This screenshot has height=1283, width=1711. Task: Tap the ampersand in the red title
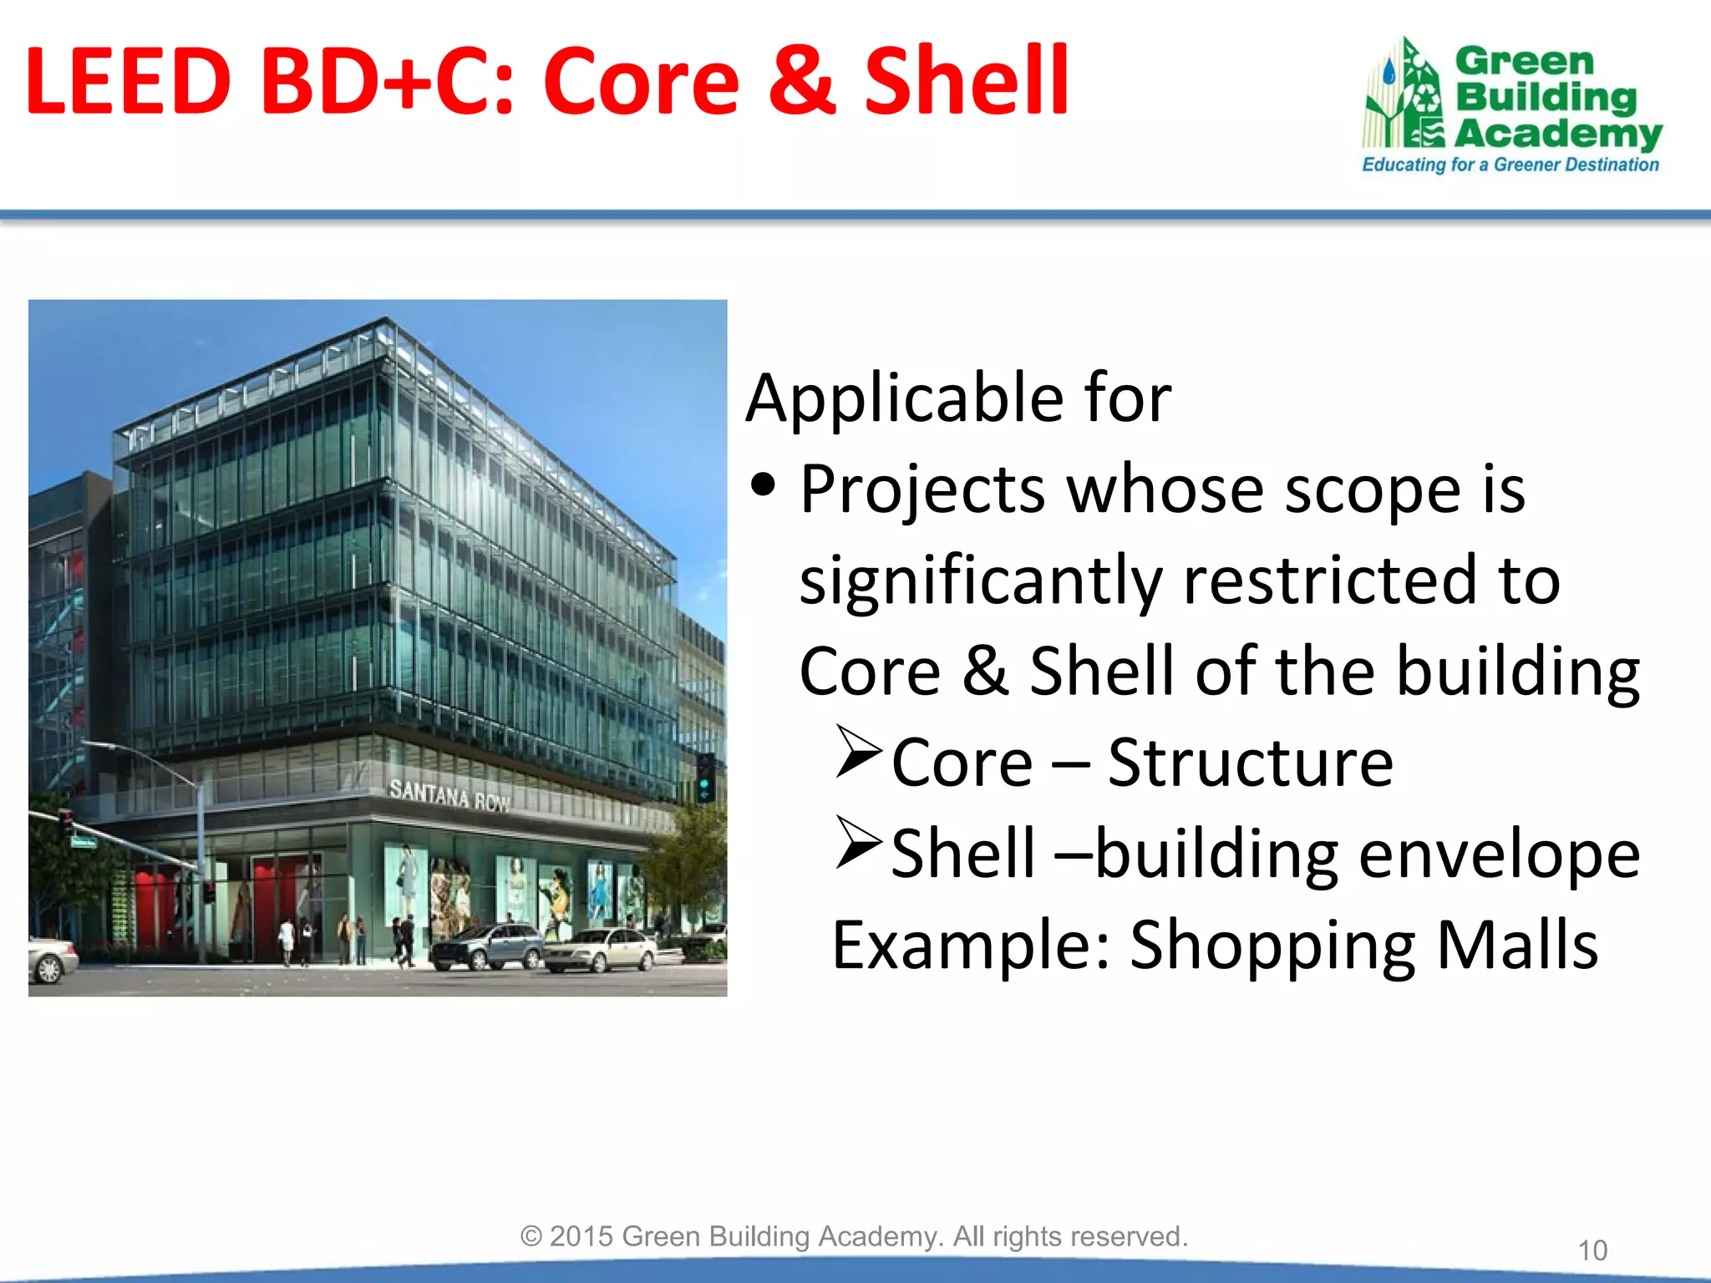click(801, 81)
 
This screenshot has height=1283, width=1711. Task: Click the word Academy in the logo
click(1557, 134)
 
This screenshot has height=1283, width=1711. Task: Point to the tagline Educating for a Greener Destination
click(1510, 165)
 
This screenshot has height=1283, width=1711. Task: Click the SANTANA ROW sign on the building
click(449, 794)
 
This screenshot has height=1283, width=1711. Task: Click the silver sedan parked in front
click(600, 951)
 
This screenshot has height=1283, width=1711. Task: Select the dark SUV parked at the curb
click(487, 946)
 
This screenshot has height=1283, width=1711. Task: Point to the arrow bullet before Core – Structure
click(858, 752)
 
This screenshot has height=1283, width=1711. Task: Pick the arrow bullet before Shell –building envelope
click(858, 843)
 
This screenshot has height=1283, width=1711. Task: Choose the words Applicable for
click(958, 398)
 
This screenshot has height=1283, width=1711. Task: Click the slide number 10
click(1592, 1250)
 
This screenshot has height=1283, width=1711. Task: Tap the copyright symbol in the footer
click(531, 1236)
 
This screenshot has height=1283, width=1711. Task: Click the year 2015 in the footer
click(581, 1236)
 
